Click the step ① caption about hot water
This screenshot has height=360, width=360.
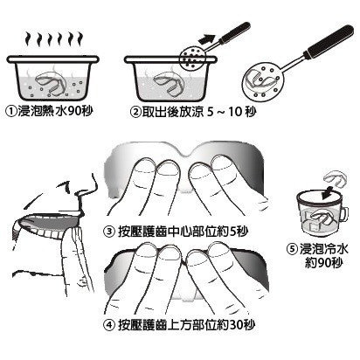point(57,112)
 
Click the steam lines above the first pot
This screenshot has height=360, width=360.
point(55,40)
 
